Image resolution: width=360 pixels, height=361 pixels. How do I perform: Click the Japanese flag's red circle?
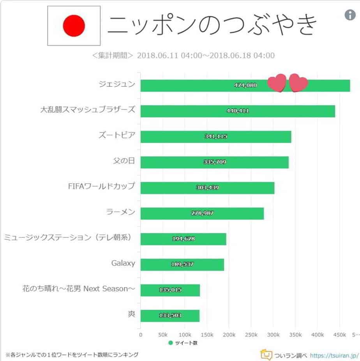[x=74, y=26]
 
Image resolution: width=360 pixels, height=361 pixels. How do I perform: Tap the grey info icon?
[x=350, y=15]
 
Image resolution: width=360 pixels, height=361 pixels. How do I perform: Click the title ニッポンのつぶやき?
[x=213, y=26]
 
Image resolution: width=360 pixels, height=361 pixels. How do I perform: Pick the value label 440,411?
[x=238, y=111]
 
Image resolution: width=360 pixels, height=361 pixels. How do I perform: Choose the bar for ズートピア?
[x=215, y=137]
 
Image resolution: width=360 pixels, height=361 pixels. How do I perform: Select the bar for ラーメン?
[x=202, y=213]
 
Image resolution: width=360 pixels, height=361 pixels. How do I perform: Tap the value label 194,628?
[x=183, y=239]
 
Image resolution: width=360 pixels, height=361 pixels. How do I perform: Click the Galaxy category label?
[x=123, y=263]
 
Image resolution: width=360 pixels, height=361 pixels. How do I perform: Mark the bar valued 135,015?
[x=170, y=290]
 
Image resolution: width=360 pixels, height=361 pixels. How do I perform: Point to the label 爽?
[x=131, y=314]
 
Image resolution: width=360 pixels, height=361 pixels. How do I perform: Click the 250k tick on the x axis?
[x=251, y=335]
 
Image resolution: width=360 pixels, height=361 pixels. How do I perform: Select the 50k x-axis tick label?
[x=163, y=335]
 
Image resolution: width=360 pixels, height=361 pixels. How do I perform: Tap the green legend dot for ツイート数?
[x=171, y=343]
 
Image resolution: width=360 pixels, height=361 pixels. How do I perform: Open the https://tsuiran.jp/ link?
[x=334, y=355]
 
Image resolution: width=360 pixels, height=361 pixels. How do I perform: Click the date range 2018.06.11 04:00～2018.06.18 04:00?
[x=206, y=55]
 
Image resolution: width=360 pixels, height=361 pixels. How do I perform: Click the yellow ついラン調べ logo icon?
[x=266, y=355]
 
